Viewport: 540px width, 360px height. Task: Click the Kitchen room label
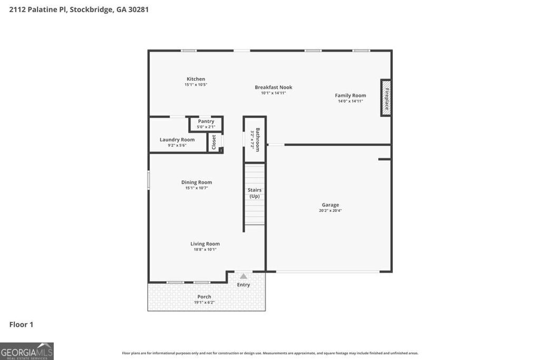pos(196,79)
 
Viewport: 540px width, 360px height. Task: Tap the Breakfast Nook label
pos(273,87)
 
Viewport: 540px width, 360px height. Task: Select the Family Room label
pos(350,95)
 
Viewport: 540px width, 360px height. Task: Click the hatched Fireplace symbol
pos(386,98)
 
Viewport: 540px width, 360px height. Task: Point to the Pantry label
pos(206,121)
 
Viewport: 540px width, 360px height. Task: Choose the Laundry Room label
pos(177,140)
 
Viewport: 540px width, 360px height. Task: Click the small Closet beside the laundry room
pos(214,142)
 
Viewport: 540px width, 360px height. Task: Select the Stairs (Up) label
pos(255,193)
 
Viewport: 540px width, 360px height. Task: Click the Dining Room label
pos(197,182)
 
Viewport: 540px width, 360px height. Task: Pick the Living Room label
pos(205,244)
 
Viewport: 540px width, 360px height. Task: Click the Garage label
pos(331,205)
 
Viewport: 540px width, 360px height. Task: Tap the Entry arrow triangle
pos(243,276)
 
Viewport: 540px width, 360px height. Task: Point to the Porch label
pos(204,297)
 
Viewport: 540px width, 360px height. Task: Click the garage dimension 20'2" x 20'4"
pos(331,211)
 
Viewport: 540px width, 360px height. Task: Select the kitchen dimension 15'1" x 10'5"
pos(196,85)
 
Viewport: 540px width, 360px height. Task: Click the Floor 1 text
pos(21,325)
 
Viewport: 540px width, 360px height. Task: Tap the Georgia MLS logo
pos(27,351)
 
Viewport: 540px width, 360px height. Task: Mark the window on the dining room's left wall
pos(149,180)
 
